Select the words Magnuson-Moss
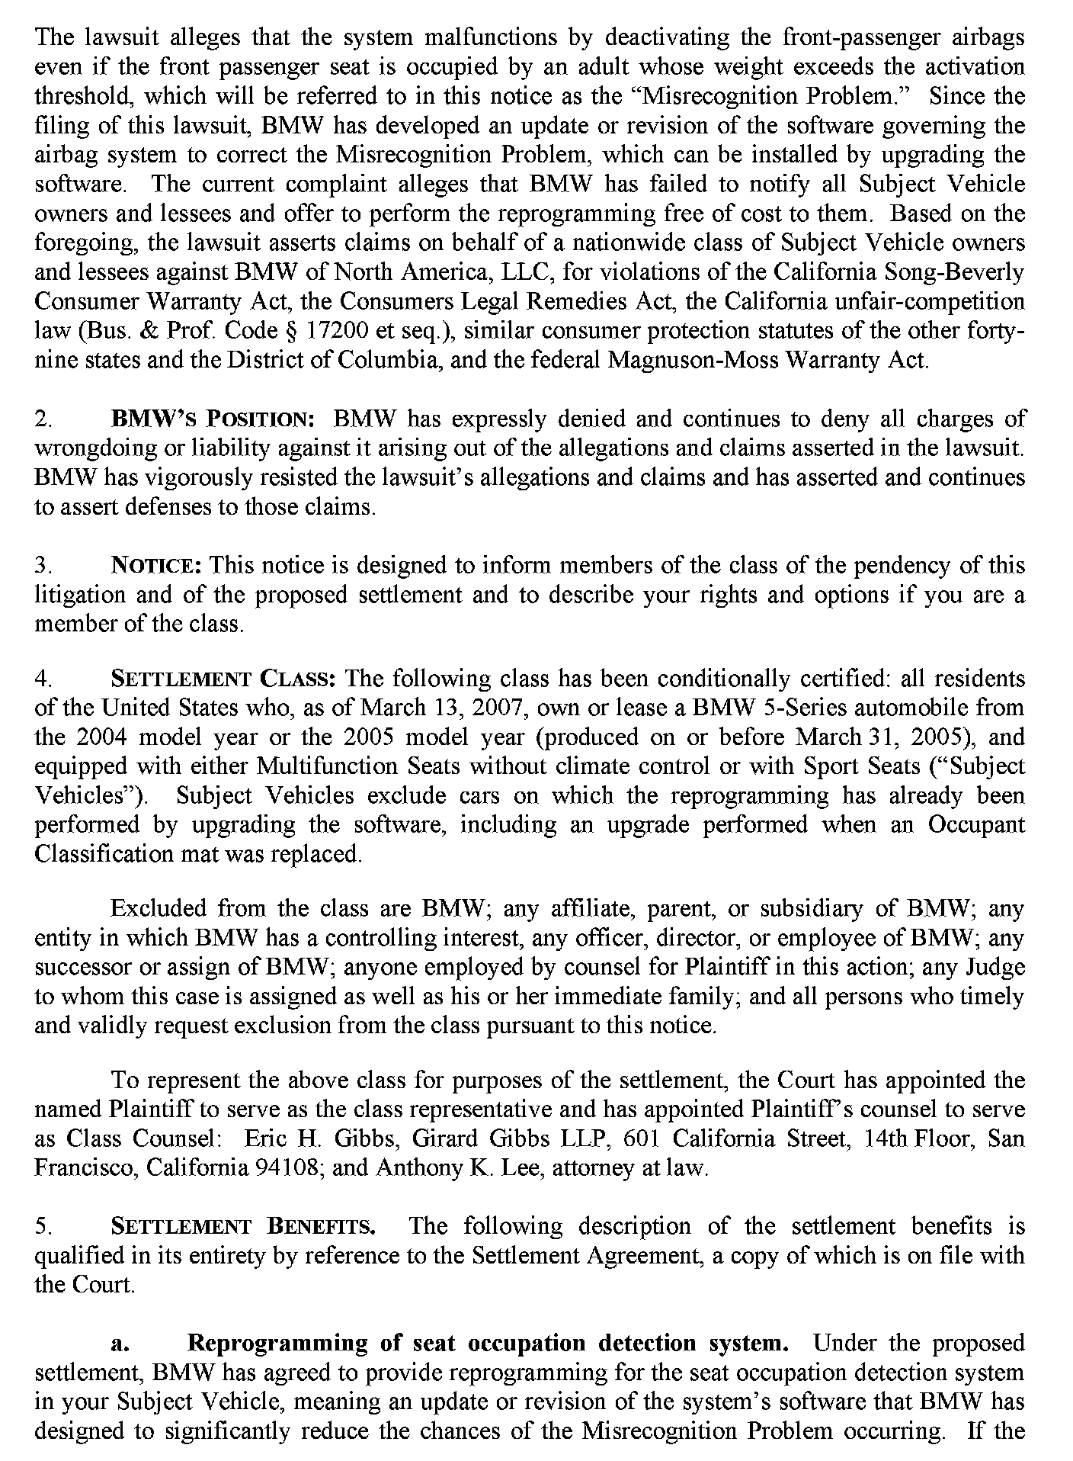(x=687, y=360)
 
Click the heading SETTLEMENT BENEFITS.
(x=243, y=1227)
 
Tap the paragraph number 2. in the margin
(x=43, y=419)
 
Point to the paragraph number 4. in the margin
(x=43, y=679)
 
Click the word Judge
(x=995, y=968)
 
